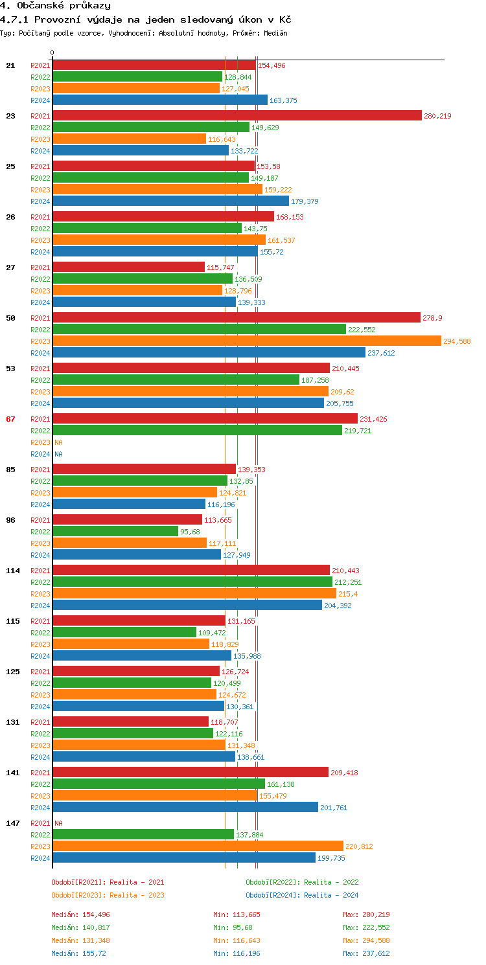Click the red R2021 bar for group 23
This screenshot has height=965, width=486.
point(237,115)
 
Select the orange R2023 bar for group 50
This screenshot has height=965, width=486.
point(246,341)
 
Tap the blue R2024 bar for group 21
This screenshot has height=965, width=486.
point(159,100)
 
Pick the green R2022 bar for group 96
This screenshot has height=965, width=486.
point(115,531)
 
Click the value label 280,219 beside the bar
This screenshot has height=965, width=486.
point(437,116)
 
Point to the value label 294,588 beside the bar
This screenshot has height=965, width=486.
point(457,341)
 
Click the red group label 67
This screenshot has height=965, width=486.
point(10,419)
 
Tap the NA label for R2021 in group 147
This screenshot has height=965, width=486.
point(58,823)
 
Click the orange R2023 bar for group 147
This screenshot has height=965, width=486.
point(198,846)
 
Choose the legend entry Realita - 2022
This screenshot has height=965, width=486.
point(302,882)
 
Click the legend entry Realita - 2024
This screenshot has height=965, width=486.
point(302,895)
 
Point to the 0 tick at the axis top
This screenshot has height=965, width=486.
point(52,53)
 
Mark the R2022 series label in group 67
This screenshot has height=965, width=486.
point(40,431)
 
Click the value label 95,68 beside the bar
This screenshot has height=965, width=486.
point(190,532)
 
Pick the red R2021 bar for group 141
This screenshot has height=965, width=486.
point(191,772)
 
